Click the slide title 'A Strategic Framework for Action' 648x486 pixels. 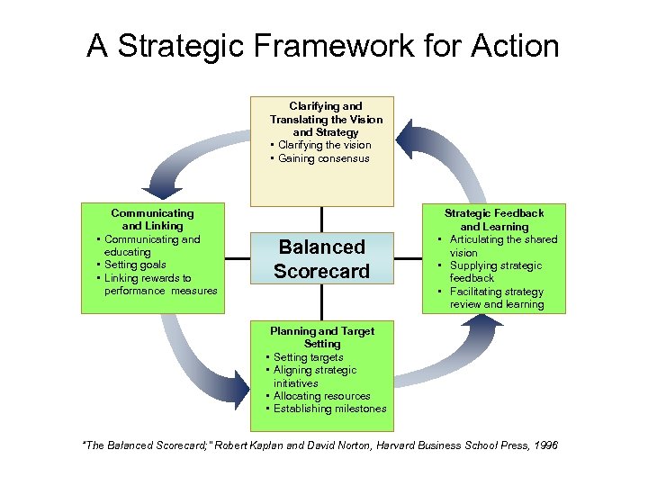pyautogui.click(x=323, y=46)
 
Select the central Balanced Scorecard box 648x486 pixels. pyautogui.click(x=321, y=259)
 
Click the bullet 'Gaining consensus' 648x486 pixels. pyautogui.click(x=323, y=158)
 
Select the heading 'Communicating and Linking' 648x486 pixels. pyautogui.click(x=152, y=220)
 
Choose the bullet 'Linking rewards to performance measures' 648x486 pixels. pyautogui.click(x=157, y=284)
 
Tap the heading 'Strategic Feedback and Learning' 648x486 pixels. pyautogui.click(x=494, y=220)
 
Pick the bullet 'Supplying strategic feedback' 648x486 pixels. pyautogui.click(x=495, y=272)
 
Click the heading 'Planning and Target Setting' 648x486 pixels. pyautogui.click(x=322, y=337)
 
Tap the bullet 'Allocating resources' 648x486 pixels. pyautogui.click(x=321, y=396)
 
